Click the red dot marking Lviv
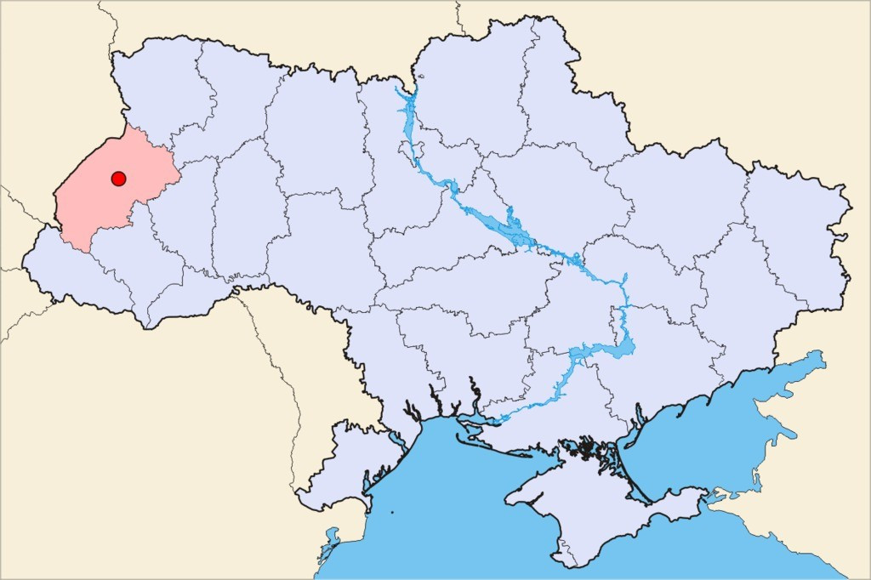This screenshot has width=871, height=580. (118, 179)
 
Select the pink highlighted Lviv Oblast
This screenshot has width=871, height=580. (94, 204)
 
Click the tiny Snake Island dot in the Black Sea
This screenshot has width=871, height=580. (393, 512)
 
